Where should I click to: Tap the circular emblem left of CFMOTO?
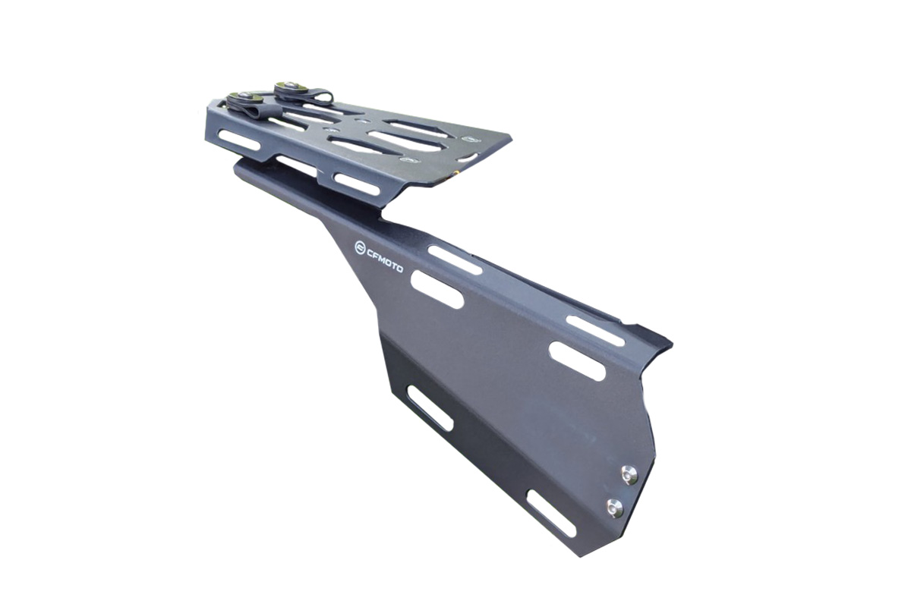click(x=360, y=247)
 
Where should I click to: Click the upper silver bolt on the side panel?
click(x=629, y=475)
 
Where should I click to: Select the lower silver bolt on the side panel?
click(x=615, y=508)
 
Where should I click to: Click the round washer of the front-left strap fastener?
click(x=242, y=99)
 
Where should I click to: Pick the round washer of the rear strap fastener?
click(x=288, y=88)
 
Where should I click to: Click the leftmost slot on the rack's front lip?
click(x=239, y=140)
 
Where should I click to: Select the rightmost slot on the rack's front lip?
click(x=356, y=184)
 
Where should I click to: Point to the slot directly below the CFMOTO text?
click(x=437, y=290)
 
